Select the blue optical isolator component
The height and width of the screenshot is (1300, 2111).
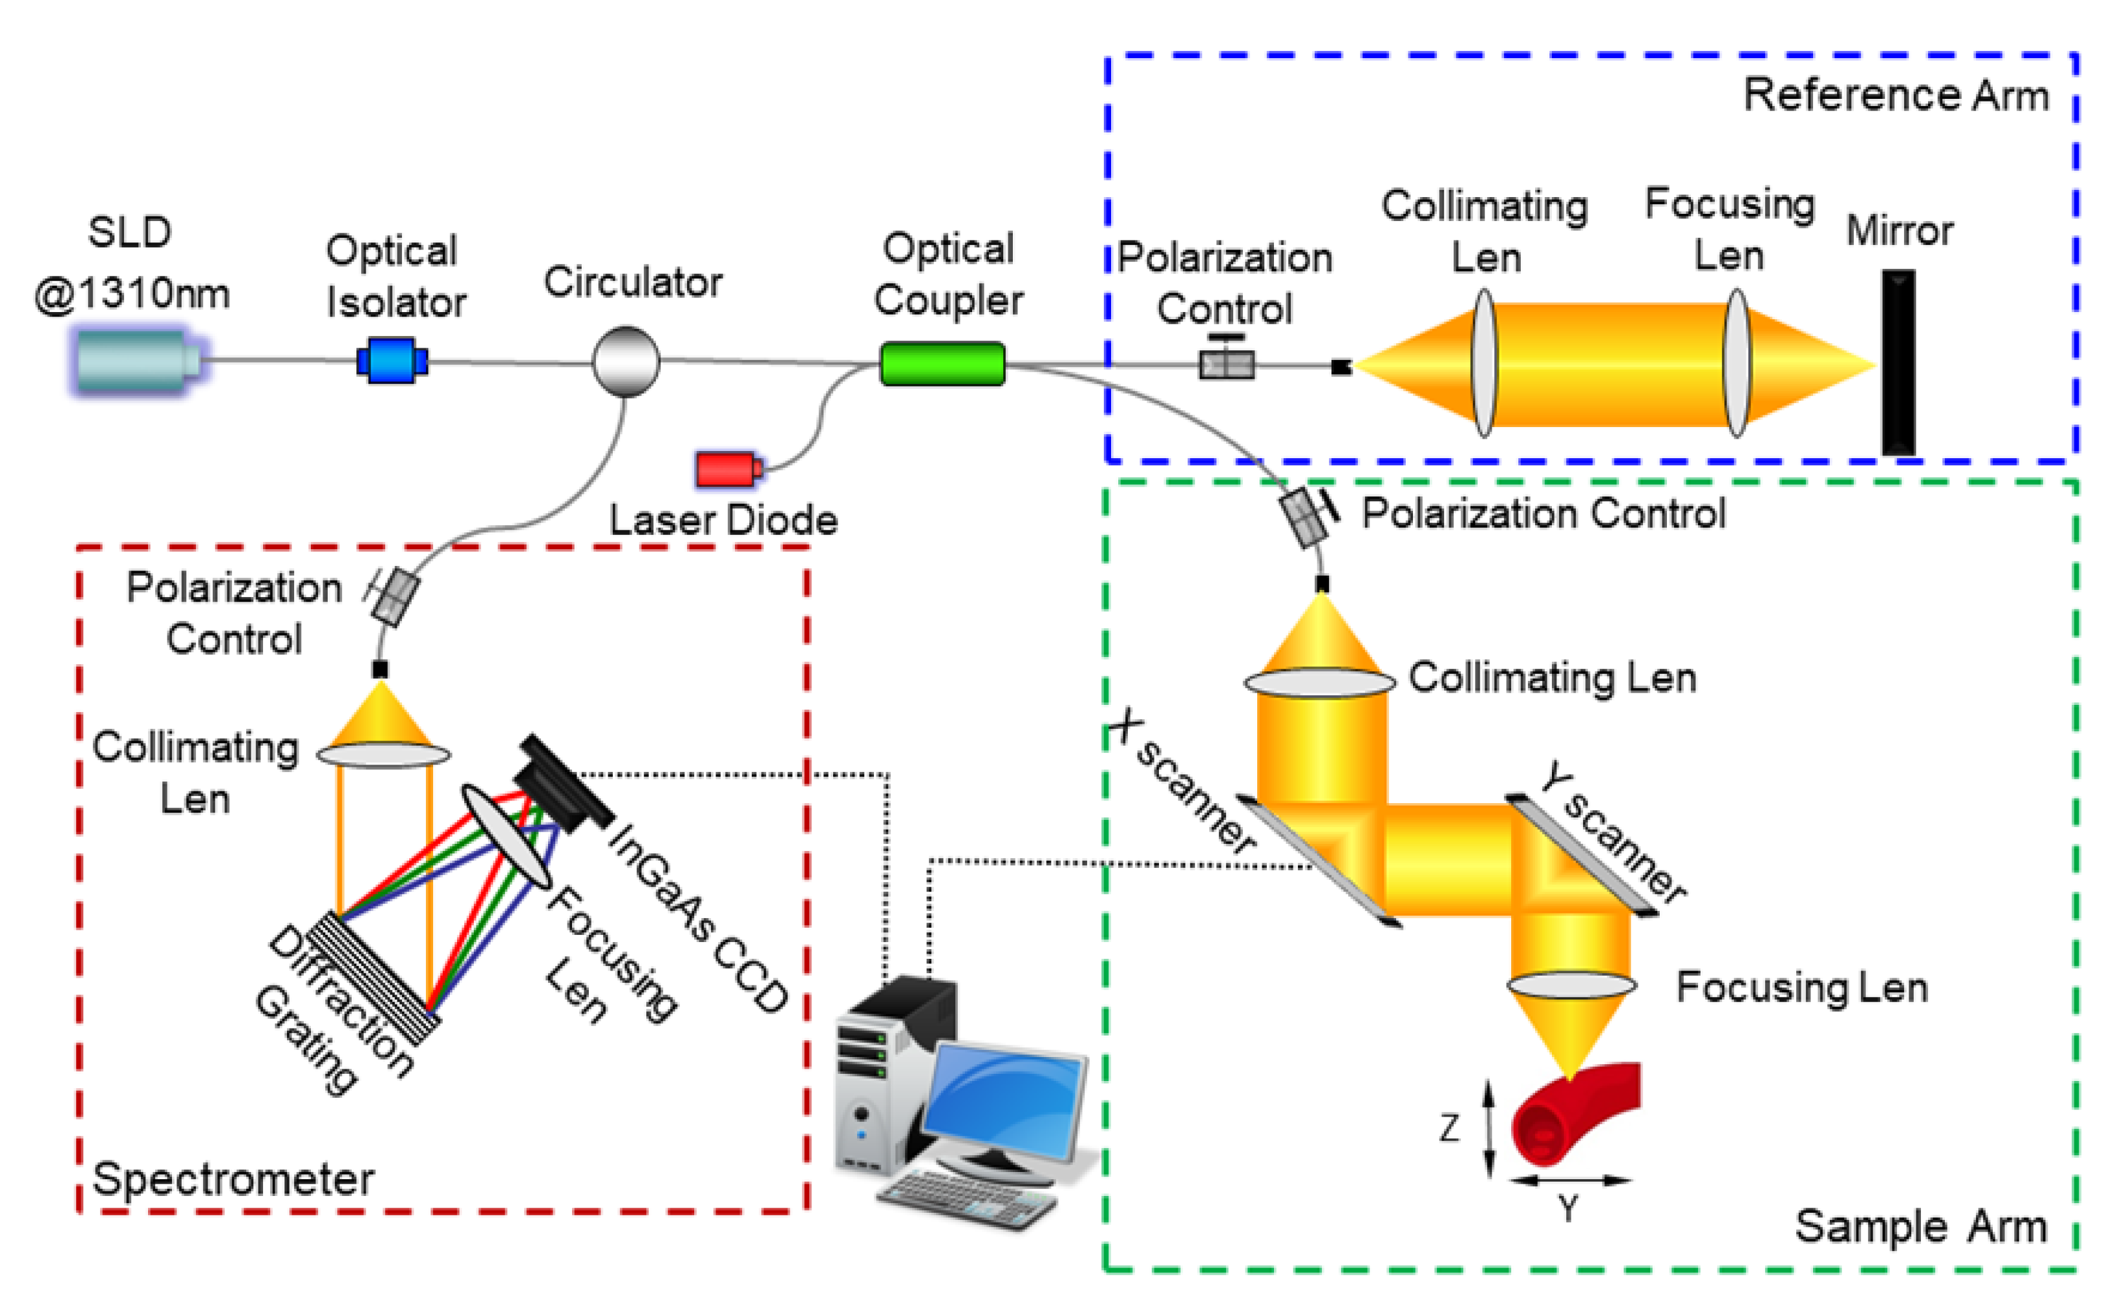[x=392, y=361]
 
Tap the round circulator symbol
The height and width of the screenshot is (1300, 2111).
[x=626, y=361]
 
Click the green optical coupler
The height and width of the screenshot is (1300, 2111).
[x=942, y=363]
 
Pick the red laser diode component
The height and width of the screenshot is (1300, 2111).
[x=727, y=468]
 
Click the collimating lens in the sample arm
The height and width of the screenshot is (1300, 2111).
[x=1319, y=684]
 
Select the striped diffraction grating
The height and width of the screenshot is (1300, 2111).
[x=374, y=978]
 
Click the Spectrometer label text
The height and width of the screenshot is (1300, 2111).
[x=233, y=1178]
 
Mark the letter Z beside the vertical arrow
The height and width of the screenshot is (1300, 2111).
[x=1450, y=1127]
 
